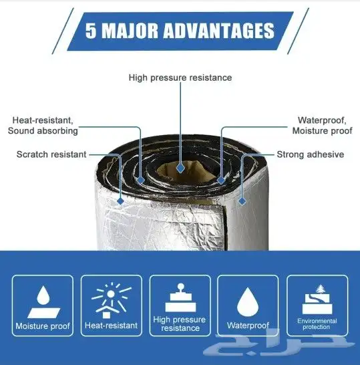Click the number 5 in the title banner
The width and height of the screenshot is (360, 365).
pyautogui.click(x=91, y=31)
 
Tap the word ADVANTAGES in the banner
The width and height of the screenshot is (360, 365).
pyautogui.click(x=219, y=31)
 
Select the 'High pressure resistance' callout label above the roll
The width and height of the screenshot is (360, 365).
pyautogui.click(x=180, y=78)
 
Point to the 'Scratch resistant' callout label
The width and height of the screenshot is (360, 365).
pyautogui.click(x=51, y=154)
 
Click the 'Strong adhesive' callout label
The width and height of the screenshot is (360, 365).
pyautogui.click(x=310, y=154)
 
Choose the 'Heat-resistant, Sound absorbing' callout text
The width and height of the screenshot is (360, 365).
pyautogui.click(x=43, y=126)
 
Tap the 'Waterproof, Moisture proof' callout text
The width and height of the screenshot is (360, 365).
pyautogui.click(x=322, y=126)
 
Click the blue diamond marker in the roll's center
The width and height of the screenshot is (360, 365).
pyautogui.click(x=180, y=168)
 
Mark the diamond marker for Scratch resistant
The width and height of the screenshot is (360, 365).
pyautogui.click(x=120, y=201)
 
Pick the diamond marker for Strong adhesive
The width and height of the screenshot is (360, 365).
pyautogui.click(x=242, y=201)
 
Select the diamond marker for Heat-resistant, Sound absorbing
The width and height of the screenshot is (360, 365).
pyautogui.click(x=140, y=180)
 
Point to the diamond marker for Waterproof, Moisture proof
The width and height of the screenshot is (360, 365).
pyautogui.click(x=221, y=180)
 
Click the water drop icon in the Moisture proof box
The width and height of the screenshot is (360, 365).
pyautogui.click(x=43, y=295)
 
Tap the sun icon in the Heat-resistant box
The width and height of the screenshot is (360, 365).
pyautogui.click(x=111, y=294)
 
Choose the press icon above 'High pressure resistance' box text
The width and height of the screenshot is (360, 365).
pyautogui.click(x=181, y=297)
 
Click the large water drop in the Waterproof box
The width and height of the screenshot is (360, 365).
pyautogui.click(x=248, y=302)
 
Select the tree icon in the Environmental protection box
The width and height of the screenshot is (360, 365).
pyautogui.click(x=321, y=289)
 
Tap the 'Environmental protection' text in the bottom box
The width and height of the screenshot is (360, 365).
pyautogui.click(x=317, y=324)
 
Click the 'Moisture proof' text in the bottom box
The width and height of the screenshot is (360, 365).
pyautogui.click(x=43, y=326)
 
